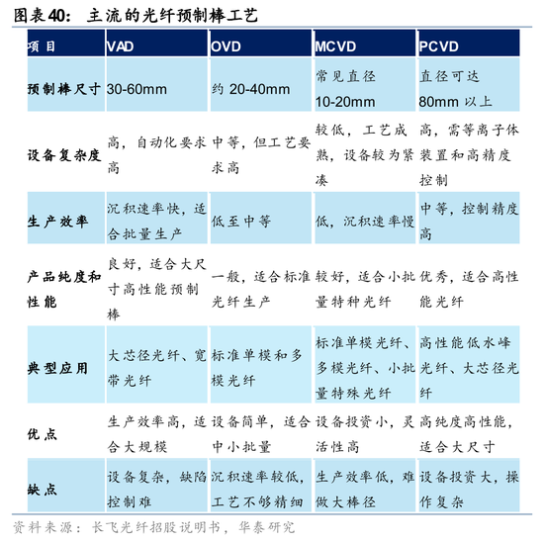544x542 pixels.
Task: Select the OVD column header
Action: pos(227,46)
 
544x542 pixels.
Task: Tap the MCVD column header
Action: pos(336,46)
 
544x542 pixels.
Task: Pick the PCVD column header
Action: pos(440,46)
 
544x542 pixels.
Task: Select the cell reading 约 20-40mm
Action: pos(249,88)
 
